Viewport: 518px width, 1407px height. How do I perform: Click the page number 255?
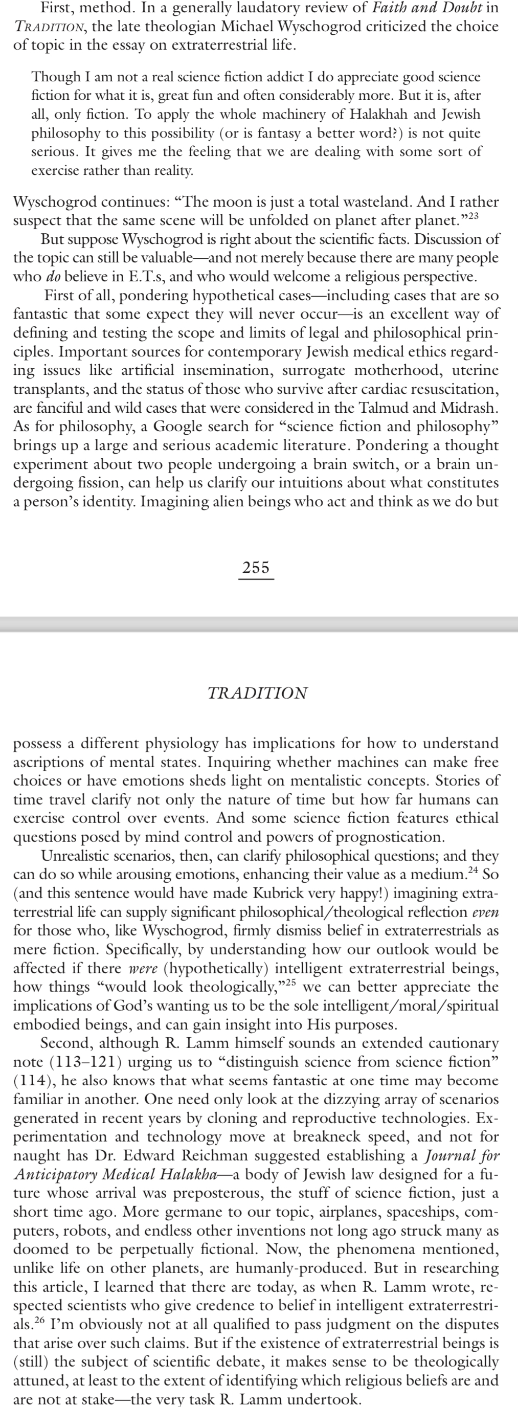[256, 568]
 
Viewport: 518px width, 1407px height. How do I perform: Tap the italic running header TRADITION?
[257, 693]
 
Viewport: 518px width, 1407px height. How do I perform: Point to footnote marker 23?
[472, 216]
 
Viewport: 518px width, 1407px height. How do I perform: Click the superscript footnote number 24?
[472, 870]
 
